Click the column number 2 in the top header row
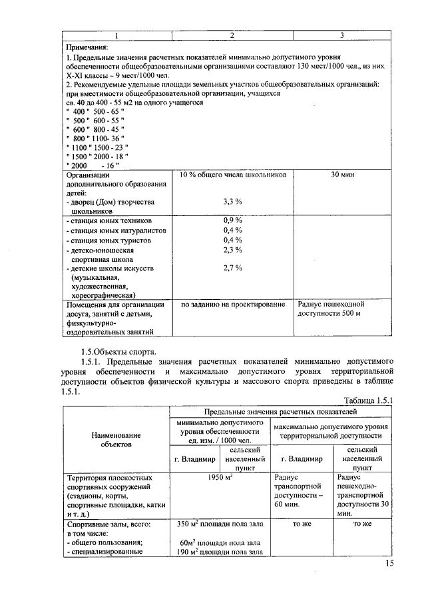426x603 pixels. tap(232, 35)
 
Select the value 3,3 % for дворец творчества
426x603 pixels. tap(232, 201)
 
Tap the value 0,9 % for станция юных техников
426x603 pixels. tap(232, 221)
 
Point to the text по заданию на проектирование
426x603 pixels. tap(232, 304)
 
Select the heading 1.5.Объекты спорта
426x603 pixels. tap(118, 352)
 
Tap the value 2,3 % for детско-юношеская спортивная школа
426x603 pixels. tap(232, 249)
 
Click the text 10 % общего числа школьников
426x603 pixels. tap(232, 174)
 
